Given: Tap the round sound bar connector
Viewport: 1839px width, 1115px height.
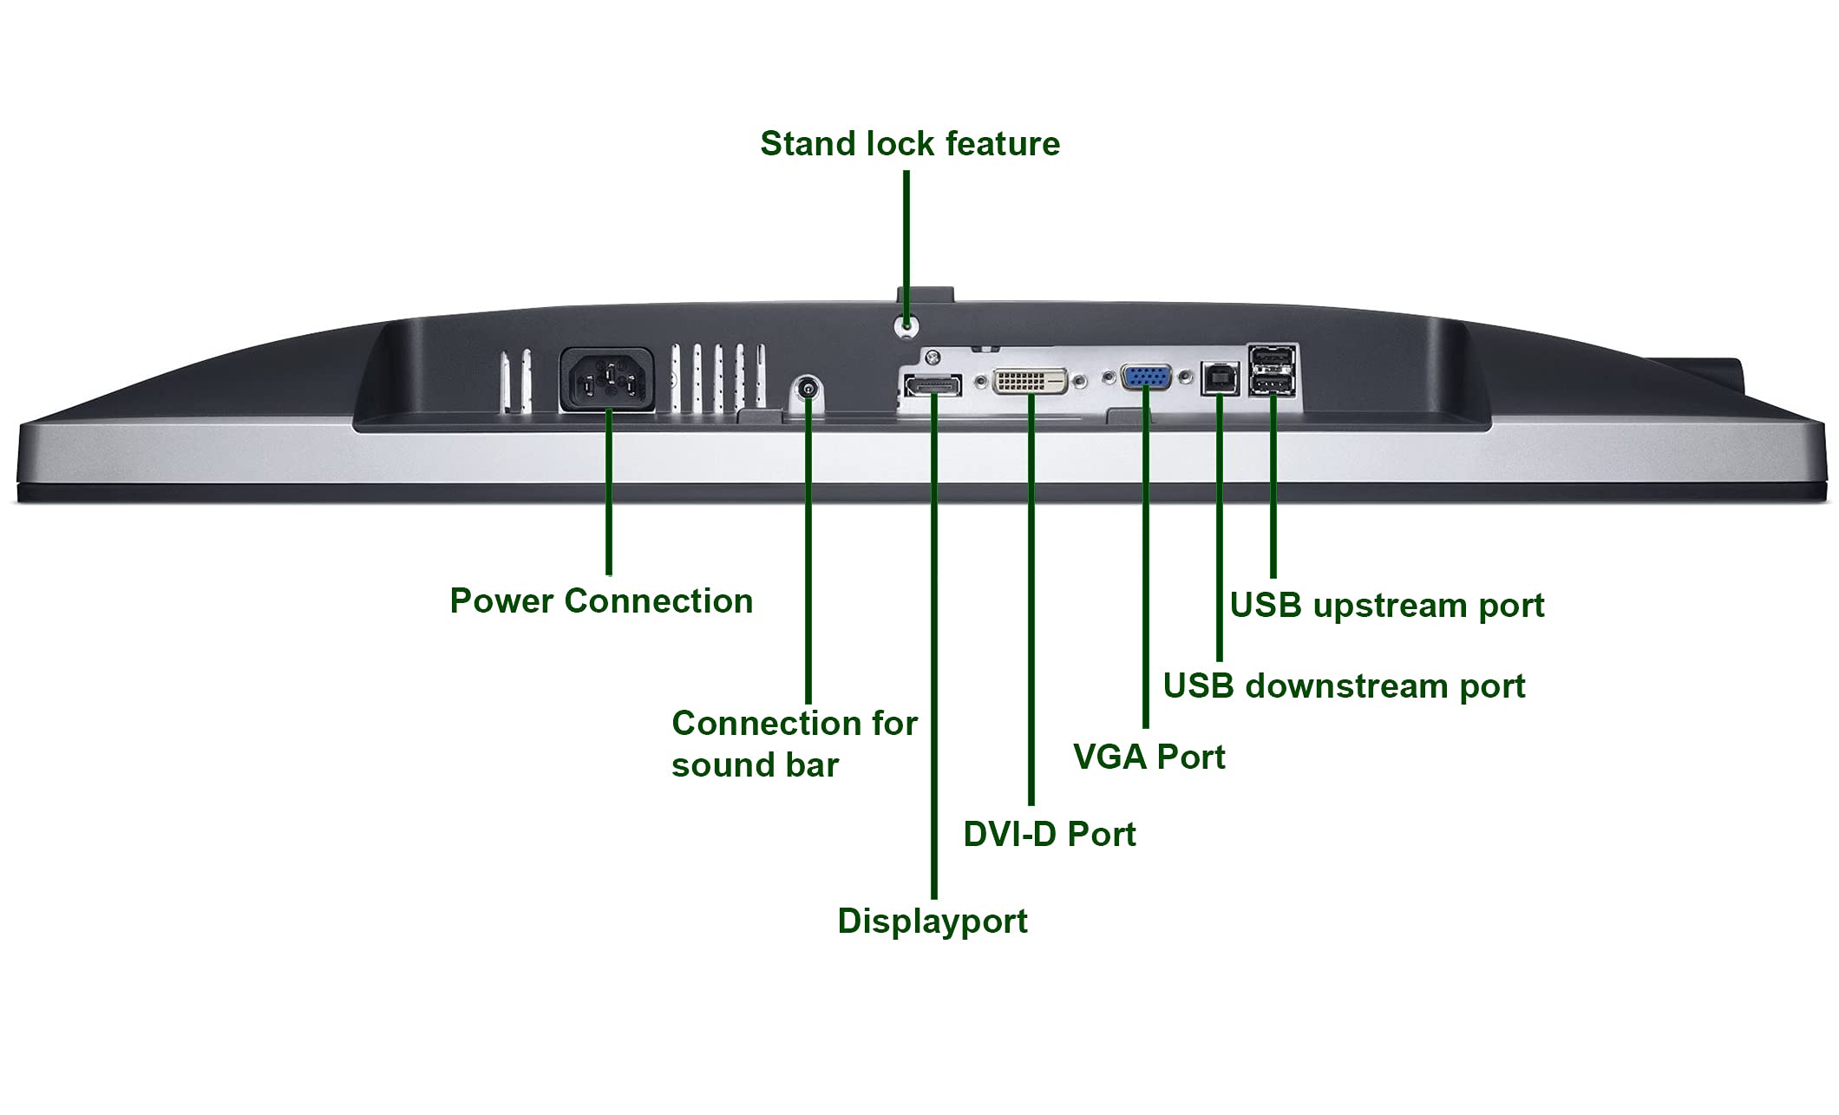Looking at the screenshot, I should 808,389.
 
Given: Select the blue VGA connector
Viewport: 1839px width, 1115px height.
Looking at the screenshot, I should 1146,377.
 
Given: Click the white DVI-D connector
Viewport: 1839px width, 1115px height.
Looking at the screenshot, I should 1030,380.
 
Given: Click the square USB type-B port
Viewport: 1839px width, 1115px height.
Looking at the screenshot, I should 1220,378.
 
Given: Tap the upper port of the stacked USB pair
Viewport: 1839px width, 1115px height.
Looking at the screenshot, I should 1272,357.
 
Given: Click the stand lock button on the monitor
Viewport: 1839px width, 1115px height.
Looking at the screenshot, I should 906,325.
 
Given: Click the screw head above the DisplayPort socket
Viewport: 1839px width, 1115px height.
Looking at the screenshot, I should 933,357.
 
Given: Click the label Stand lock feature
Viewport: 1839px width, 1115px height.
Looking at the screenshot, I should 910,144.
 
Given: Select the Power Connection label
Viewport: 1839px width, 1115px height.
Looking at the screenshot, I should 601,601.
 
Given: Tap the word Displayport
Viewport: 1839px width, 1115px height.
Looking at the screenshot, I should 933,922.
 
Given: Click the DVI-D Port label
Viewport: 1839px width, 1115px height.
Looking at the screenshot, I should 1050,835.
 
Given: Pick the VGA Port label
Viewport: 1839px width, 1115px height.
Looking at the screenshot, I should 1149,758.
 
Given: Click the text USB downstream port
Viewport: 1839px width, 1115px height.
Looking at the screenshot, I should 1344,686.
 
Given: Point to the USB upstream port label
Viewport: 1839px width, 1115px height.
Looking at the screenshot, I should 1387,606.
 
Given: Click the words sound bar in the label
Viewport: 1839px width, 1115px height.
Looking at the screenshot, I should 755,765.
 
